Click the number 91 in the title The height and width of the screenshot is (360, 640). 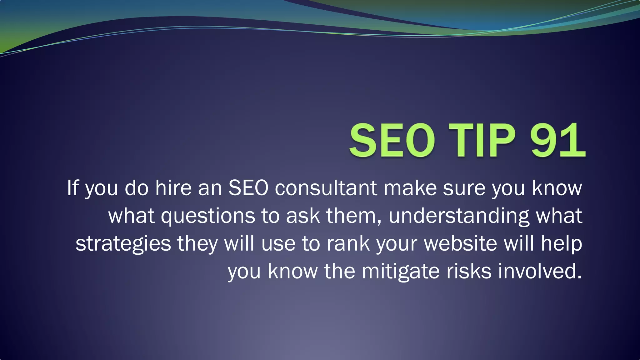point(557,140)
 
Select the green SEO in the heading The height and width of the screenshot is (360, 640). point(392,140)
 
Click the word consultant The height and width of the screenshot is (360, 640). point(326,188)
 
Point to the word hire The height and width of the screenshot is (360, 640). point(173,188)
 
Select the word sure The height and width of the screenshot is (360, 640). point(464,188)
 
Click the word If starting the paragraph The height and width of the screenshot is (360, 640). point(72,188)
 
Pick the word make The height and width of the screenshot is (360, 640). point(410,188)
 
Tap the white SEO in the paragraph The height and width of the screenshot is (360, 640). point(248,188)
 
